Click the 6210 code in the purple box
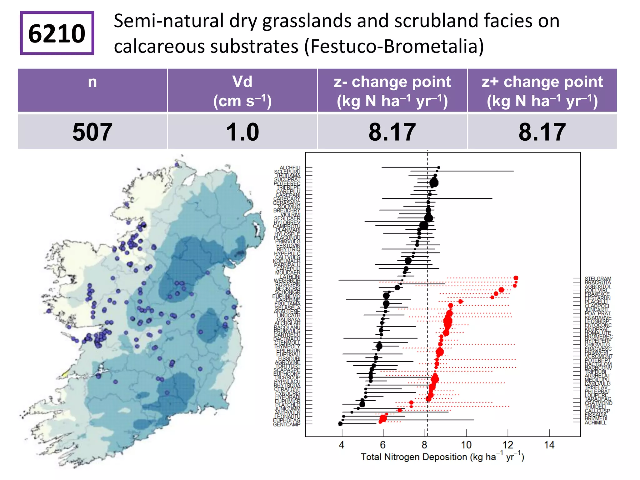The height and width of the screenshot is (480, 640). point(57,33)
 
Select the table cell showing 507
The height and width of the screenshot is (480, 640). point(92,132)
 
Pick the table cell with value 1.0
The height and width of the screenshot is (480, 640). point(242,132)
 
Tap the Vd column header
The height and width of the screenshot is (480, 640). point(242,91)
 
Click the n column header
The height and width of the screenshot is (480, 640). point(92,82)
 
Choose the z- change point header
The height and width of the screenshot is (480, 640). point(392,91)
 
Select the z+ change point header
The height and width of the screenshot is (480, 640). point(542,91)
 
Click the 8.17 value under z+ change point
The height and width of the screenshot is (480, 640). point(542,132)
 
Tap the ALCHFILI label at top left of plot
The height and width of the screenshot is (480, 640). point(290,168)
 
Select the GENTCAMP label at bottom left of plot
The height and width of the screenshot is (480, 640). point(287,424)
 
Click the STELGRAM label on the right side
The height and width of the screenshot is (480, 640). point(598,278)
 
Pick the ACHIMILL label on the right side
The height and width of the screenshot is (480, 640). point(595,423)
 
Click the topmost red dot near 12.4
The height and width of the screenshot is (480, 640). point(516,278)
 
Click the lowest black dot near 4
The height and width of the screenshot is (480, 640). point(340,424)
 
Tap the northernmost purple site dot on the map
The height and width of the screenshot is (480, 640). point(177,164)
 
